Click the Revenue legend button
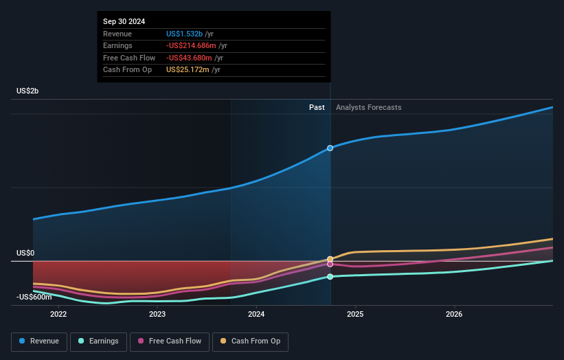[40, 341]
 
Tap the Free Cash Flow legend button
[169, 341]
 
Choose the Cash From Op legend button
[251, 341]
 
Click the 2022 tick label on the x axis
[58, 315]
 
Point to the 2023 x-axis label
[157, 315]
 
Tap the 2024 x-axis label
[256, 315]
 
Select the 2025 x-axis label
[355, 315]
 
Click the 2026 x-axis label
[454, 315]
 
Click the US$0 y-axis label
[25, 253]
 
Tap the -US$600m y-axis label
[34, 297]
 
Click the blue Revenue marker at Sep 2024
[330, 148]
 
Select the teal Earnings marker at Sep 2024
[330, 276]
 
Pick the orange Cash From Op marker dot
[330, 259]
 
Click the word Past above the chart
[317, 107]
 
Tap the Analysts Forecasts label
[368, 107]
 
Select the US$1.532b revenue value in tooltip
[184, 34]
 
